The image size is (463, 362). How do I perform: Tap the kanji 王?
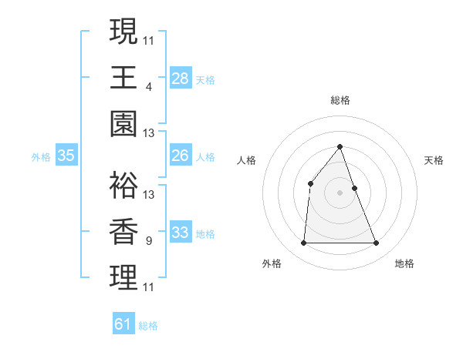pos(123,78)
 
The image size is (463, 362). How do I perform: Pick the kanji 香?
pos(123,233)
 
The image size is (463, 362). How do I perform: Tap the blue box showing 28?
pos(181,79)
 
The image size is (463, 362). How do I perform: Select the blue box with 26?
pos(181,156)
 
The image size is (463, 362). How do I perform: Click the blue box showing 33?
pos(181,233)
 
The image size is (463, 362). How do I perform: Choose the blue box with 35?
pos(66,156)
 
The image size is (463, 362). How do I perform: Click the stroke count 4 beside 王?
pos(148,86)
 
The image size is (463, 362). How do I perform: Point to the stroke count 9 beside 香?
pos(148,241)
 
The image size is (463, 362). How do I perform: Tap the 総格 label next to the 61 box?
pos(148,326)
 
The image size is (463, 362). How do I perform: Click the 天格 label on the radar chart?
pos(434,160)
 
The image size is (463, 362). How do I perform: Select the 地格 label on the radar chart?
pos(404,263)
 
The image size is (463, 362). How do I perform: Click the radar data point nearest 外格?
pos(303,243)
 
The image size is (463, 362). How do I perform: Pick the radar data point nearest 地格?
pos(376,243)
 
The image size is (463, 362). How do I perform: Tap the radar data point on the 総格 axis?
pos(340,146)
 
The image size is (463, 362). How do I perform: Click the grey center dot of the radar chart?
pos(340,192)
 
